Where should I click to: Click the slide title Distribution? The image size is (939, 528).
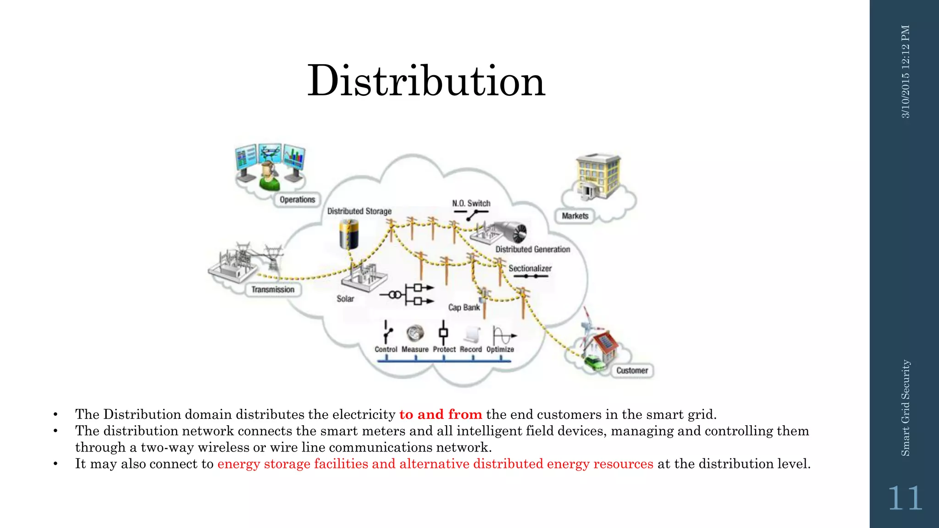click(426, 81)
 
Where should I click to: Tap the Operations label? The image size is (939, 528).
click(297, 200)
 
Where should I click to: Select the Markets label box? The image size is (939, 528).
click(575, 216)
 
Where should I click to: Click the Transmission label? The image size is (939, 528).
click(273, 290)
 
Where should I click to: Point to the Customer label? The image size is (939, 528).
click(632, 370)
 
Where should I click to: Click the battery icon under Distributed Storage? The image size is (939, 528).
click(348, 234)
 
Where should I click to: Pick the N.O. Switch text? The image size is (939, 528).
click(471, 203)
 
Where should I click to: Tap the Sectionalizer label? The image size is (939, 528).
click(530, 268)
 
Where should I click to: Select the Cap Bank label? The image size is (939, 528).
click(464, 307)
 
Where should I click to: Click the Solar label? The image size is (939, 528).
click(345, 299)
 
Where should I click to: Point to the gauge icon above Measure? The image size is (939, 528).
click(415, 333)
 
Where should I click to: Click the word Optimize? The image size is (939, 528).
click(500, 349)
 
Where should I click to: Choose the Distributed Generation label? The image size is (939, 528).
click(532, 249)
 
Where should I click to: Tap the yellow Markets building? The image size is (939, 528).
click(598, 176)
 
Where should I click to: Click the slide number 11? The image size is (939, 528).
click(905, 498)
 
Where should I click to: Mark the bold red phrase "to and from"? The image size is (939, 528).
click(440, 414)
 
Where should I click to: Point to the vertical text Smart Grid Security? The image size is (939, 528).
click(905, 408)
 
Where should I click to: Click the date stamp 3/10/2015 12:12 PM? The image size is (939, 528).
click(906, 72)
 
